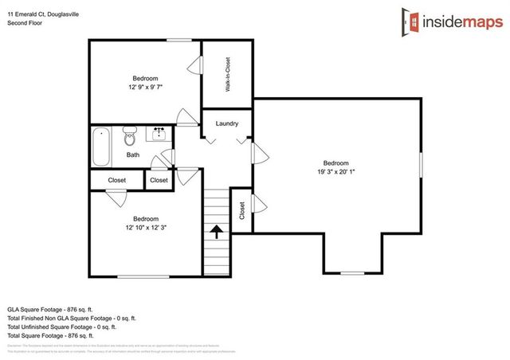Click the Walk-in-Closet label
[x=227, y=74]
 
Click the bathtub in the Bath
[x=100, y=147]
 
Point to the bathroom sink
[x=158, y=131]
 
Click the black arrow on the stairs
[x=215, y=232]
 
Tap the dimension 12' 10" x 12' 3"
[x=146, y=227]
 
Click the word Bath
[x=132, y=155]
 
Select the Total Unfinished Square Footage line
[x=62, y=327]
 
